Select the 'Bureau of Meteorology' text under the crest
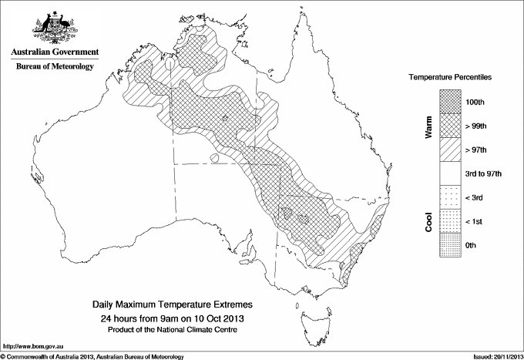(x=55, y=67)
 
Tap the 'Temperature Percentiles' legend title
(x=451, y=78)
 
